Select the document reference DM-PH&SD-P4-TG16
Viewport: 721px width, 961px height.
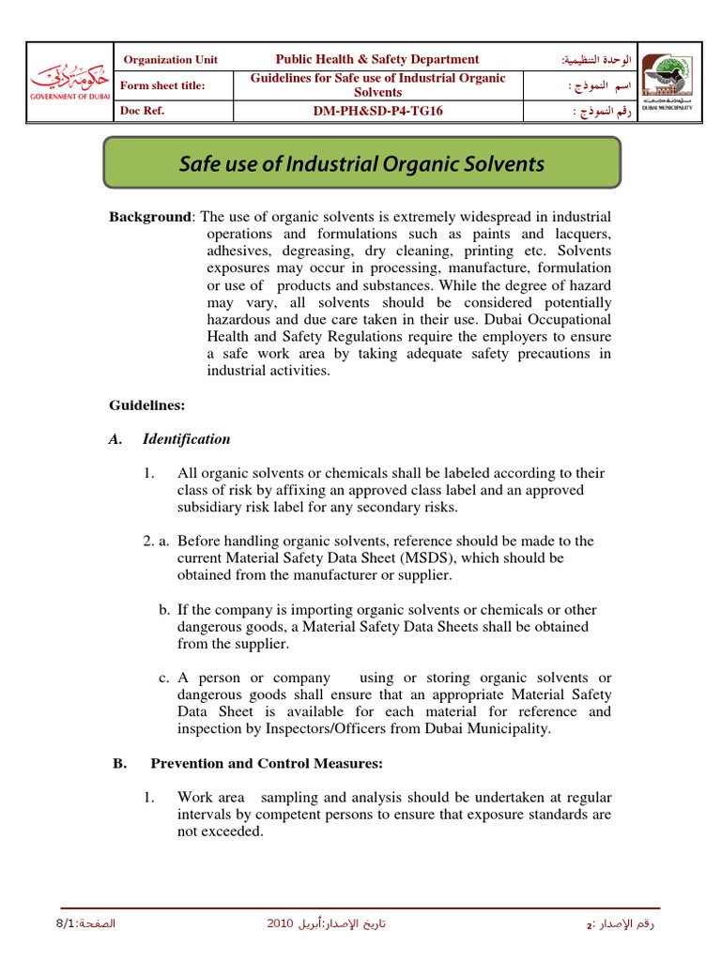(378, 111)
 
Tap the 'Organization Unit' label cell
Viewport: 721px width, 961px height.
(171, 59)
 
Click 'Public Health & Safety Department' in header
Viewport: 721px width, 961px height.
(377, 59)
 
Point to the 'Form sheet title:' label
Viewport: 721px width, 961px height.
(163, 85)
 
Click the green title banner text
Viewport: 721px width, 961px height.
(361, 164)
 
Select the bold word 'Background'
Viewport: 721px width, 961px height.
(149, 217)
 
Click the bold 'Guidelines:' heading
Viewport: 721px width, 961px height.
(147, 405)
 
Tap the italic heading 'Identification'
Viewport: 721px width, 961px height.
(186, 439)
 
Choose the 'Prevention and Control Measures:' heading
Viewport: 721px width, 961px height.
(267, 764)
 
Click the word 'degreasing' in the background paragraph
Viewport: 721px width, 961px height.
(319, 252)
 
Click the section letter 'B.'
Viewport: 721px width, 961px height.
(119, 764)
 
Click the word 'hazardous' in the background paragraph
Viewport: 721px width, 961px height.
(238, 320)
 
